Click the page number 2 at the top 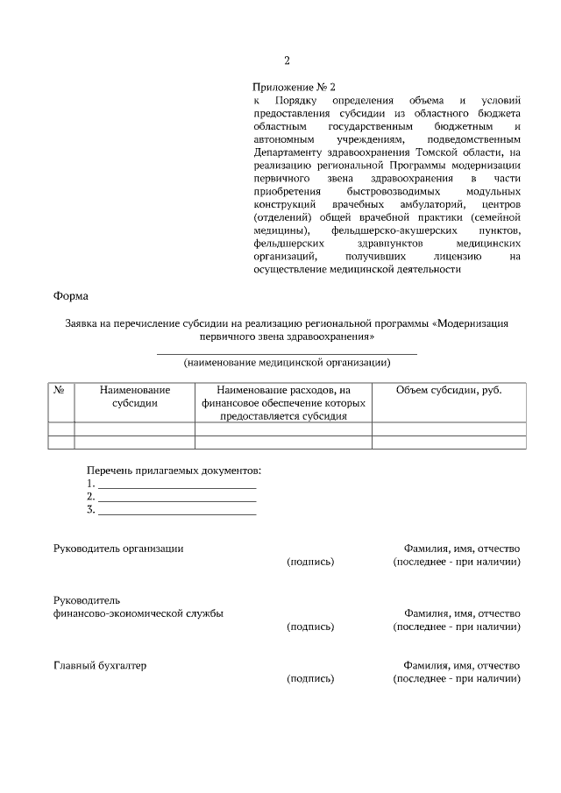[287, 60]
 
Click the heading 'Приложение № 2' [294, 87]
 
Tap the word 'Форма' [71, 296]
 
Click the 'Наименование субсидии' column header [134, 396]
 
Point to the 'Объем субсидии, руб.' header [449, 390]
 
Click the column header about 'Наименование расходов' [283, 403]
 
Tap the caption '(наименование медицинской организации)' [287, 362]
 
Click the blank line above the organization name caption [287, 352]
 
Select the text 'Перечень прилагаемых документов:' [174, 471]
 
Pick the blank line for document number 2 [177, 499]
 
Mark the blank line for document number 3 [177, 512]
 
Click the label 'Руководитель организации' [118, 549]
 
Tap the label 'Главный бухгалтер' [100, 665]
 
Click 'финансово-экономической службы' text [138, 613]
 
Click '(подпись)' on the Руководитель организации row [310, 562]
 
